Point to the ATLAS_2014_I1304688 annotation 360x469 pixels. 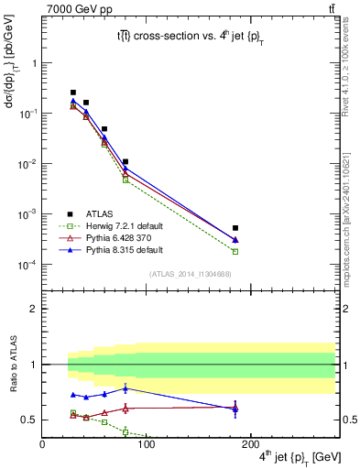(x=190, y=273)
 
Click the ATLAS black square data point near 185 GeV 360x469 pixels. (x=235, y=227)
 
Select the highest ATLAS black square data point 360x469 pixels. (x=73, y=93)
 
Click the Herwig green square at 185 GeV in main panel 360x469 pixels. (x=235, y=251)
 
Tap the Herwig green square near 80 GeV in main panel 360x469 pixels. (x=125, y=180)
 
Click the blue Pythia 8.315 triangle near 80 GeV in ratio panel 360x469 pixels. (x=125, y=388)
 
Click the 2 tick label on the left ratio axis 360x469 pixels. (x=33, y=309)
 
